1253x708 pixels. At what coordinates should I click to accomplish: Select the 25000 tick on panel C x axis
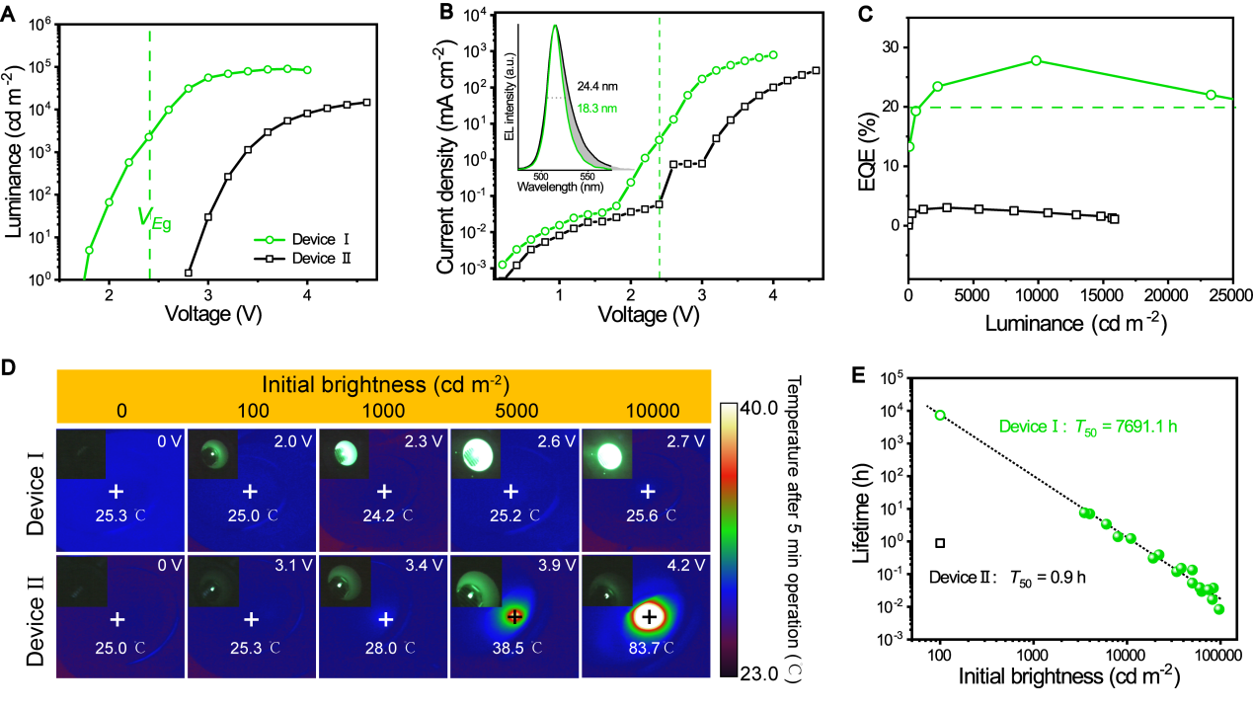1233,295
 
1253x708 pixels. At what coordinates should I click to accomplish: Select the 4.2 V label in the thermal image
688,566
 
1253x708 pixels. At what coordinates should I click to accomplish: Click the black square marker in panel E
940,543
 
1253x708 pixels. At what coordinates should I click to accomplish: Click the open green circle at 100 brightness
940,416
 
